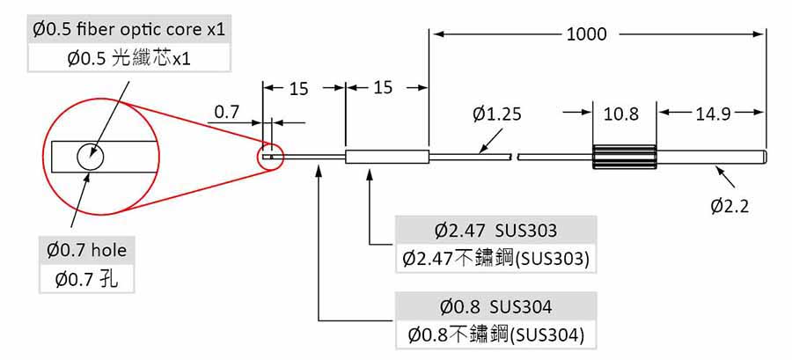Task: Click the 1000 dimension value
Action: click(x=586, y=34)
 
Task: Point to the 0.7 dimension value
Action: click(x=227, y=112)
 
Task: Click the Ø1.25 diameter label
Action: click(x=497, y=114)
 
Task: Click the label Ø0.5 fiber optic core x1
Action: click(x=129, y=29)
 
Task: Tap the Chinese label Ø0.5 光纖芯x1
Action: click(x=128, y=59)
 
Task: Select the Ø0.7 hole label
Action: click(x=87, y=251)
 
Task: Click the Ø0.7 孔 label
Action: click(x=87, y=281)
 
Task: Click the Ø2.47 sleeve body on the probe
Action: click(x=387, y=158)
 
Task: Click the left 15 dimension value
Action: click(x=298, y=88)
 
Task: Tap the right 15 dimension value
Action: click(x=383, y=88)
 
